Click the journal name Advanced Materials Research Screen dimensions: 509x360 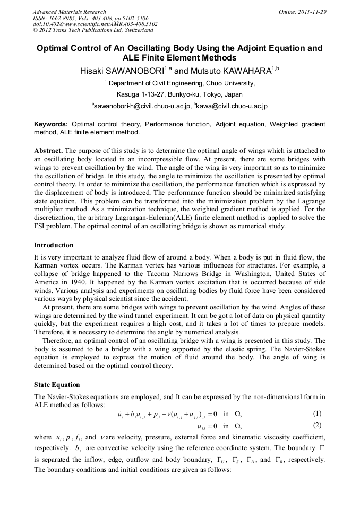(x=69, y=12)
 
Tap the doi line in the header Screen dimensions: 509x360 (x=95, y=24)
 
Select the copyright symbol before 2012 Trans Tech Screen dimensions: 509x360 (x=35, y=31)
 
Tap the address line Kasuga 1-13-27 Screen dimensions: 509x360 (x=137, y=94)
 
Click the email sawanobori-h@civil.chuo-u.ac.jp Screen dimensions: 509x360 (x=143, y=106)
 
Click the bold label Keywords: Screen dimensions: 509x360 (x=50, y=124)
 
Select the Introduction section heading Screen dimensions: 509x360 (x=54, y=245)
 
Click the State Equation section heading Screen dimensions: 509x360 (x=57, y=384)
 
